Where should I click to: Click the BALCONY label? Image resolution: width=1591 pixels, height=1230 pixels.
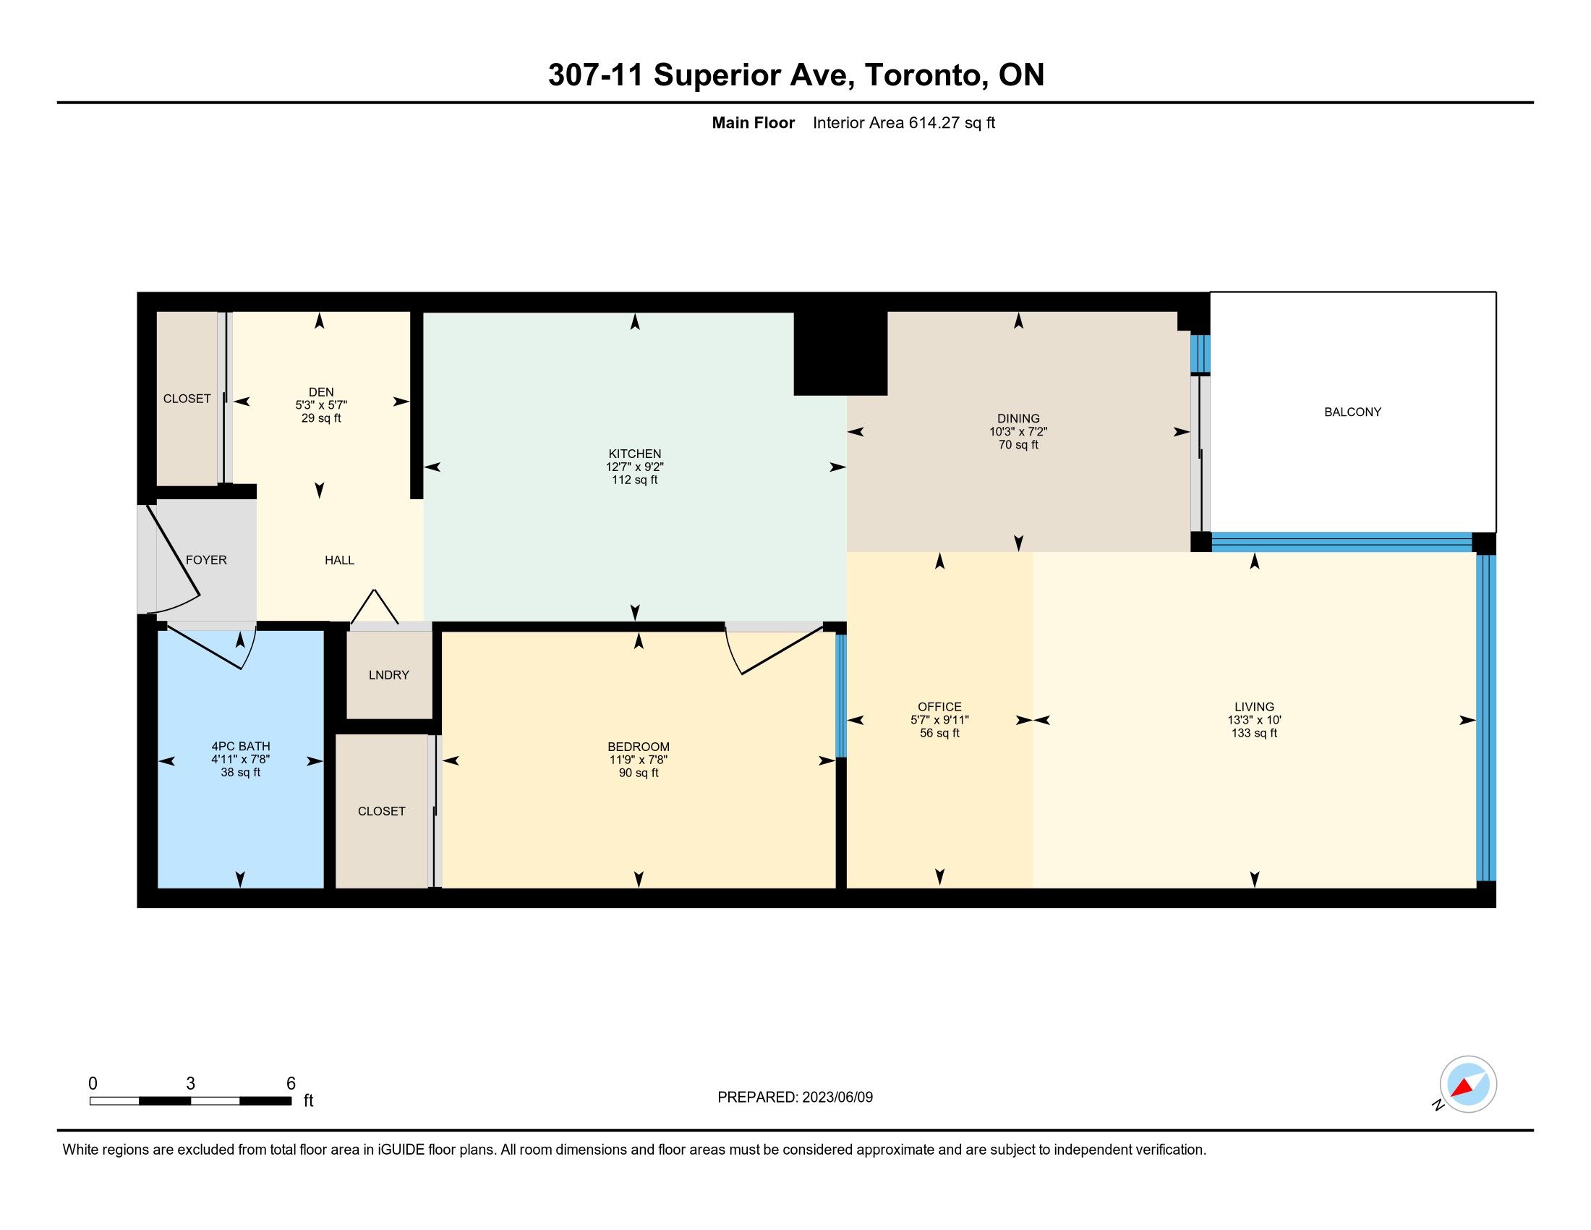point(1352,412)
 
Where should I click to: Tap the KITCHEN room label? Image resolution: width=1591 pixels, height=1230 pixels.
point(634,453)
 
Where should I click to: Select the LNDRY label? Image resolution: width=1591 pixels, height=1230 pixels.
point(389,675)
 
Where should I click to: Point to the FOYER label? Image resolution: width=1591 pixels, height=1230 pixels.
point(206,559)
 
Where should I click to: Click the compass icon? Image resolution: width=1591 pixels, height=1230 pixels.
point(1468,1085)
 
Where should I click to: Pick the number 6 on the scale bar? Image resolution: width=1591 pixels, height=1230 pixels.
point(291,1084)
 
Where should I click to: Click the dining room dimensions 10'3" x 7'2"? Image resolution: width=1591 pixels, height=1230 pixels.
point(1018,431)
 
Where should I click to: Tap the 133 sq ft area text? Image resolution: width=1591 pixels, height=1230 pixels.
point(1255,733)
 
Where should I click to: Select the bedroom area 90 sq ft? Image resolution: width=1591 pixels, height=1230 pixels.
point(639,773)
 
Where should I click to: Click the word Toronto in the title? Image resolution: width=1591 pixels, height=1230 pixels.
point(923,75)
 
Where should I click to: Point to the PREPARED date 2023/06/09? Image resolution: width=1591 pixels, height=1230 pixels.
point(837,1098)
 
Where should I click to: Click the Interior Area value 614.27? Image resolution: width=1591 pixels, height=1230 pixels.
point(934,123)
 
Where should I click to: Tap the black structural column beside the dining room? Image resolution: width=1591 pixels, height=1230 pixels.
point(840,353)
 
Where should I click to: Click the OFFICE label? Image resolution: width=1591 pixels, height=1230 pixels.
point(939,707)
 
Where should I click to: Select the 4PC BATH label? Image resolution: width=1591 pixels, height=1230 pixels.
point(241,746)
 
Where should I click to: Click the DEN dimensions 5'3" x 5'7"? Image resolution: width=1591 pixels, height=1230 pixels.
point(321,405)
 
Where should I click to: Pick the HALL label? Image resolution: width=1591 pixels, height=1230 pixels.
point(339,559)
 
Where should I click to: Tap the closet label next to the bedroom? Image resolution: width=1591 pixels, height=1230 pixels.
point(382,811)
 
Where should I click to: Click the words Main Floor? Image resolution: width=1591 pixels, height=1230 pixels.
point(754,123)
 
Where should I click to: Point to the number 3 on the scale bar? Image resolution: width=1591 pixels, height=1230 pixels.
point(190,1084)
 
